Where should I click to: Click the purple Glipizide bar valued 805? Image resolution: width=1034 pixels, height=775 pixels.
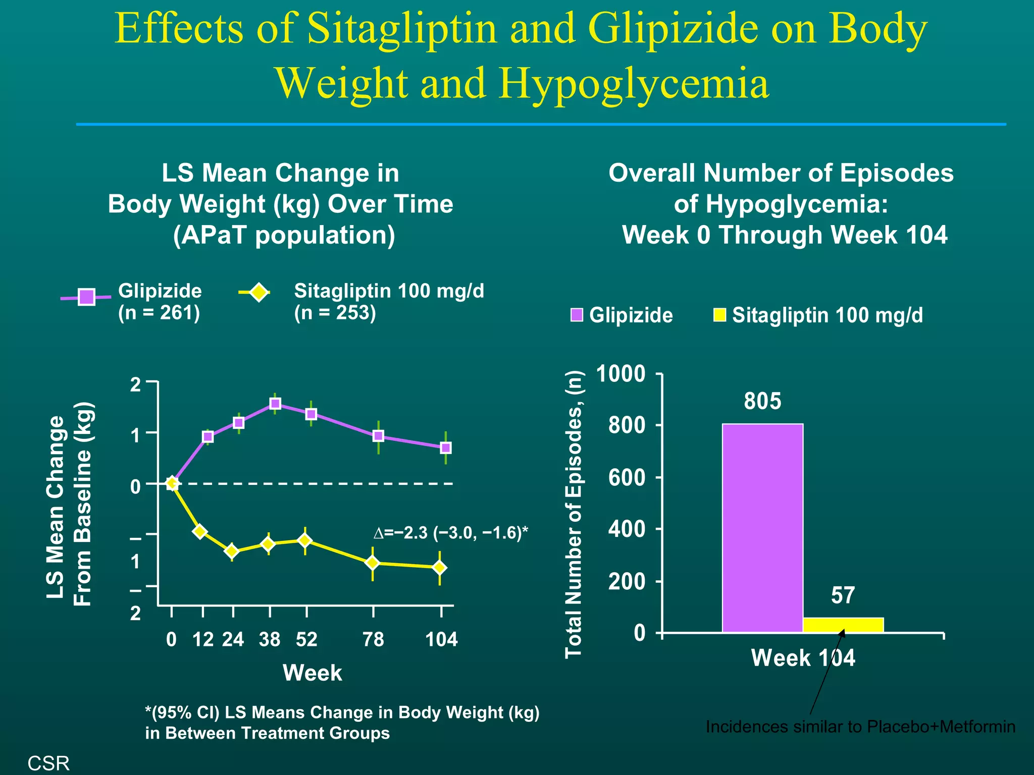coord(762,527)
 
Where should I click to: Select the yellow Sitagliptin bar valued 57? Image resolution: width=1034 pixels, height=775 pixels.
coord(843,625)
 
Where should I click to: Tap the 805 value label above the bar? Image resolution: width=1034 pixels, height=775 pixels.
coord(762,401)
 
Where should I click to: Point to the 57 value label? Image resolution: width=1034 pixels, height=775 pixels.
coord(843,595)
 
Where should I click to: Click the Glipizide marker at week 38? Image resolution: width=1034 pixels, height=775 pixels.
coord(275,404)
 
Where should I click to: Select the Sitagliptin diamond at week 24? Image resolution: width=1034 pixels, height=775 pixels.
coord(232,551)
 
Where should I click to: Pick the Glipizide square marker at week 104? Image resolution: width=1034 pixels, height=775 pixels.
coord(446,448)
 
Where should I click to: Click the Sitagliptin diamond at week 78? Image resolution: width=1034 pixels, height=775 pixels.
coord(372,563)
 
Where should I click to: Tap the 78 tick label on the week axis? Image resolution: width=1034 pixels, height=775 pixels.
coord(373,639)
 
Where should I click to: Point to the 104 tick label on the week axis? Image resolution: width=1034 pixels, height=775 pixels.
coord(441,639)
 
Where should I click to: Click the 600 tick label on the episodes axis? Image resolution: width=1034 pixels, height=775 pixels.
coord(627,477)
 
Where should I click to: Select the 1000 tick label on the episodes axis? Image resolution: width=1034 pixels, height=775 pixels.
coord(621,374)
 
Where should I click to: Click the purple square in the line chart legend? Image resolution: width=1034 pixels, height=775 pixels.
coord(86,297)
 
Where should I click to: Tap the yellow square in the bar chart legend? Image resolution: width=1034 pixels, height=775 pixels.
coord(719,315)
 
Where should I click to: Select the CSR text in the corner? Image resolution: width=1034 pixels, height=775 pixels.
coord(48,763)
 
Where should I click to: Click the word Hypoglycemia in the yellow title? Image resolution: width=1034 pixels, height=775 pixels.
coord(635,83)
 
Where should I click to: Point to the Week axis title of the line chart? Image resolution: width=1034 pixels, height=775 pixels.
coord(312,673)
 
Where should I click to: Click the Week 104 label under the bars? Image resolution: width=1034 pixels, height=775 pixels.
coord(803,658)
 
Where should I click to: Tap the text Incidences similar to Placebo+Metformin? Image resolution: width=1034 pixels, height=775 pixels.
coord(860,727)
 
